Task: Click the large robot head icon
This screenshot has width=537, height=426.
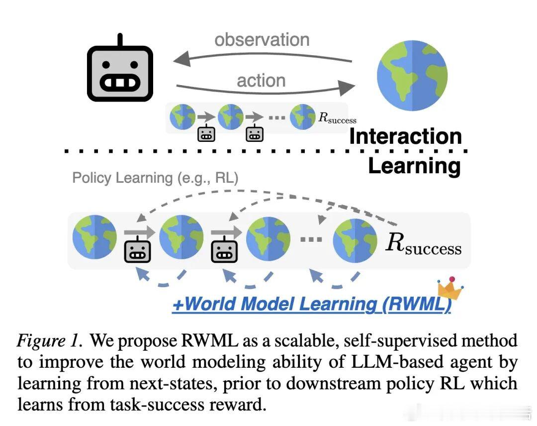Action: point(120,73)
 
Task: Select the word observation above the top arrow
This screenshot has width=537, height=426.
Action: point(262,39)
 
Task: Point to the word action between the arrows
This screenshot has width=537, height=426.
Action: point(261,81)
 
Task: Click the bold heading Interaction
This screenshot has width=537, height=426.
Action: point(405,136)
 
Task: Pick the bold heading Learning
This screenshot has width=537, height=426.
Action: point(414,166)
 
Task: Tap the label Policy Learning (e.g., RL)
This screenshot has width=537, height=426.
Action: point(155,178)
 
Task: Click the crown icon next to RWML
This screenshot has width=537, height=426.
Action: point(450,289)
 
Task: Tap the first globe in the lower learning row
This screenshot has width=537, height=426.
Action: point(94,237)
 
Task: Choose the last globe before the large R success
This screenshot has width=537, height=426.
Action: point(355,240)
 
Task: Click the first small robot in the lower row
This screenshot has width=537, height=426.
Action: point(137,252)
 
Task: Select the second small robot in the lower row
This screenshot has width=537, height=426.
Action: point(224,252)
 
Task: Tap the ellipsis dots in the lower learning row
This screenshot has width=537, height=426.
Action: point(311,239)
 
